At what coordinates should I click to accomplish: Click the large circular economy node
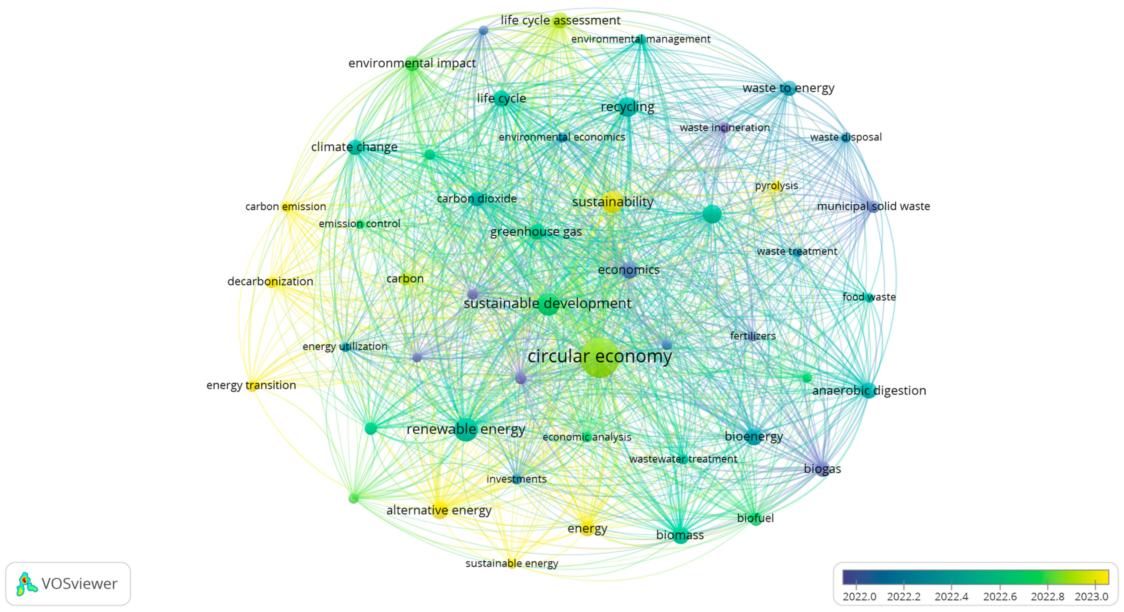click(x=599, y=357)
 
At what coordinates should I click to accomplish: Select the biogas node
click(x=822, y=469)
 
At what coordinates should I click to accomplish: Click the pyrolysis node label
click(x=776, y=185)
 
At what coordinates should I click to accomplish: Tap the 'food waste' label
click(x=869, y=297)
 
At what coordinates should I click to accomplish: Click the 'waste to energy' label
click(x=788, y=88)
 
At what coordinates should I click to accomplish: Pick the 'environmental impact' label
click(x=412, y=63)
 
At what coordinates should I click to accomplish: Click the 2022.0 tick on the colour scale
click(x=859, y=596)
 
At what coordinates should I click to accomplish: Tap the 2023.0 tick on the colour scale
click(x=1091, y=596)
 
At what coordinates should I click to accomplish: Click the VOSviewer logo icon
click(x=26, y=584)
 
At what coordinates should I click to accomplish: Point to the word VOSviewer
click(x=80, y=584)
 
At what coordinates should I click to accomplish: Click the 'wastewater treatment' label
click(x=683, y=459)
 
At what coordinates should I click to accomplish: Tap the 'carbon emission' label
click(x=285, y=207)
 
